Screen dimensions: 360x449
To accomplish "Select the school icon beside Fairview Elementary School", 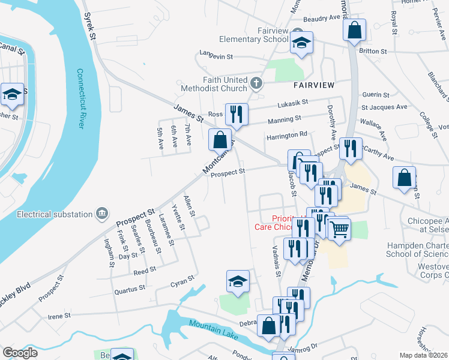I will tap(302, 43).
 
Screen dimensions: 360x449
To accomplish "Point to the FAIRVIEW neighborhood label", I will tap(314, 85).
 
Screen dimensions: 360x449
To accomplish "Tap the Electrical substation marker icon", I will tap(102, 214).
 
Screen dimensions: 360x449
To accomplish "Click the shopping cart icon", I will tap(339, 229).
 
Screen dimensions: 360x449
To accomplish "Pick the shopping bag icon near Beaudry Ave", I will tap(354, 29).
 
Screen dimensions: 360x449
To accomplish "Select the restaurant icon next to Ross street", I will tap(237, 113).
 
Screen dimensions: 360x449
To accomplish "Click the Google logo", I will tap(20, 352).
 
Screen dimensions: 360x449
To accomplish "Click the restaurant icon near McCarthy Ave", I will tap(350, 148).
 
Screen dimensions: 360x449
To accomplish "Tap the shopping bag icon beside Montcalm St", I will tap(220, 139).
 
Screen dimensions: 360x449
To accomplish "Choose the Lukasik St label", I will tap(292, 103).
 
